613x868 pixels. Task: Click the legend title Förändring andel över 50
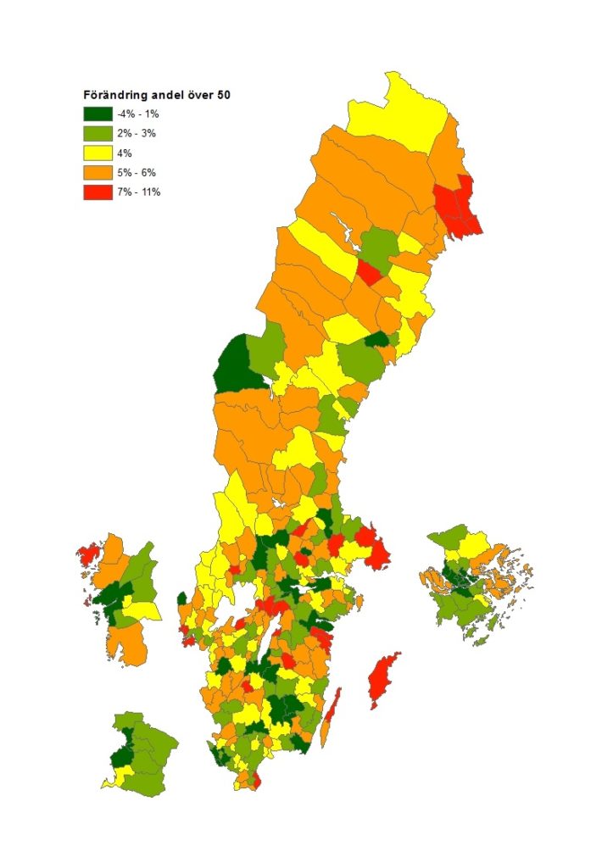pos(157,96)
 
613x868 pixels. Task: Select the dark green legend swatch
pos(96,114)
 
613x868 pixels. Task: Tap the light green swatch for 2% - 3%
pos(96,133)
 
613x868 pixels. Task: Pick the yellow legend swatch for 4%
pos(96,153)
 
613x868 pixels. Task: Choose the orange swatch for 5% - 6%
pos(96,172)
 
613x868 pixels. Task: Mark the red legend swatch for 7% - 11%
pos(96,192)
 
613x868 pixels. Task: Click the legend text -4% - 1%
pos(137,114)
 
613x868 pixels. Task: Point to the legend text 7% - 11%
pos(139,192)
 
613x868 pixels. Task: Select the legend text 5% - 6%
pos(137,172)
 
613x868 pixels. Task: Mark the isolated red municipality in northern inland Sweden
pos(368,273)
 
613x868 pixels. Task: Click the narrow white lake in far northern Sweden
pos(345,227)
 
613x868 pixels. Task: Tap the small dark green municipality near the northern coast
pos(376,340)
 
